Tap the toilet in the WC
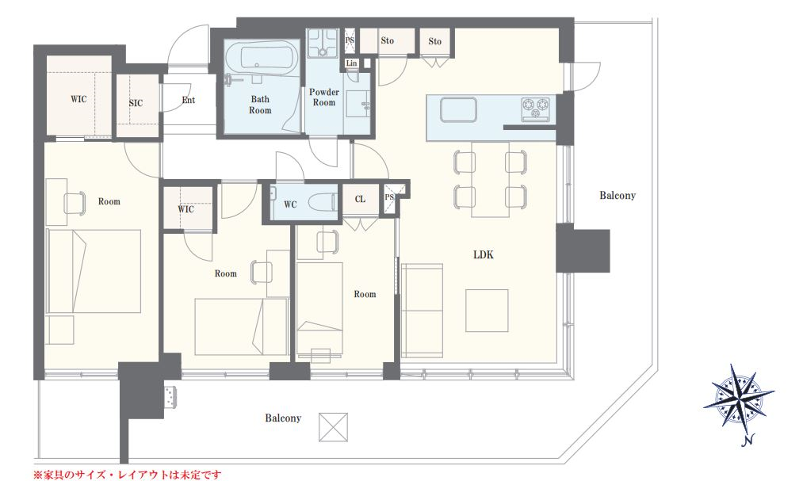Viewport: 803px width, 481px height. click(x=323, y=202)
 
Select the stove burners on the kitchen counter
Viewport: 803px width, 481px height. click(x=535, y=109)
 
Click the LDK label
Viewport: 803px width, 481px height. click(x=484, y=255)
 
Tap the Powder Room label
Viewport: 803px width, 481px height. click(x=324, y=97)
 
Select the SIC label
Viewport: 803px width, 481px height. click(x=136, y=103)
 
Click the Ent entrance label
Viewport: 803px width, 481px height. click(x=189, y=100)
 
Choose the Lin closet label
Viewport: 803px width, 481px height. click(x=351, y=63)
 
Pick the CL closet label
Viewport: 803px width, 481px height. click(x=360, y=199)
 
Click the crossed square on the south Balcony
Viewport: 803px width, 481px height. click(x=333, y=427)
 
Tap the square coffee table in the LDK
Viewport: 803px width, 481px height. click(x=487, y=311)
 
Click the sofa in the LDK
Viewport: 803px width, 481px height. click(x=422, y=311)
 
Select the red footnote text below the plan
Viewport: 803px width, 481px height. click(x=128, y=475)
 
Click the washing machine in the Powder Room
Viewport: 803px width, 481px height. click(x=323, y=43)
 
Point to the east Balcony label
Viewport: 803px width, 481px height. click(x=618, y=196)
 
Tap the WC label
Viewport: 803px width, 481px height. click(x=290, y=204)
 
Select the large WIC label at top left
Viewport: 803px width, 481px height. click(x=78, y=99)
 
